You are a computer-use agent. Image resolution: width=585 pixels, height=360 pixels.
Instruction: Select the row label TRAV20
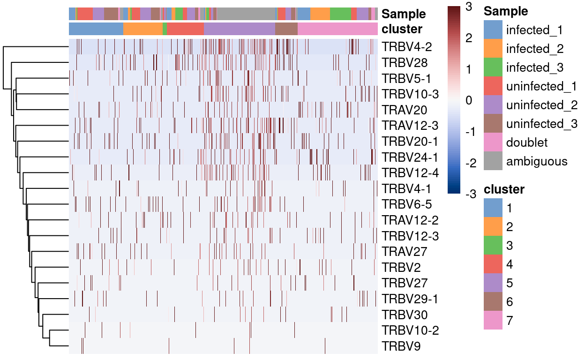[x=405, y=110]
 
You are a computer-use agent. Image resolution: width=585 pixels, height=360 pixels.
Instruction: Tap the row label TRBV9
[x=401, y=346]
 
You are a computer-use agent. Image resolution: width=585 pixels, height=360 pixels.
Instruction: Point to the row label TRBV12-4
[x=410, y=172]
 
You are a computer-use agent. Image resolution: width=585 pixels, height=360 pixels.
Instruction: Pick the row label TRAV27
[x=405, y=251]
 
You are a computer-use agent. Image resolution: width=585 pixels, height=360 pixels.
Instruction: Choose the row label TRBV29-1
[x=410, y=299]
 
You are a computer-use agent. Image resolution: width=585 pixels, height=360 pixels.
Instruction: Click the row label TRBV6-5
[x=407, y=204]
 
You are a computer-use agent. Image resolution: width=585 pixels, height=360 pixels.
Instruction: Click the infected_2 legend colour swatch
[x=492, y=49]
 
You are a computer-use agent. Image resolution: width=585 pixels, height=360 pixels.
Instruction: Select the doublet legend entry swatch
[x=492, y=142]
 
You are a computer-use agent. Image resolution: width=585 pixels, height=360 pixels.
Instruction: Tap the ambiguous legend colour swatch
[x=492, y=161]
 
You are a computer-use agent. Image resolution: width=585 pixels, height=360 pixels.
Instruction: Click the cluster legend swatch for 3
[x=492, y=246]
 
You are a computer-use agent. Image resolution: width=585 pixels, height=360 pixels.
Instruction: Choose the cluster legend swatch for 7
[x=492, y=321]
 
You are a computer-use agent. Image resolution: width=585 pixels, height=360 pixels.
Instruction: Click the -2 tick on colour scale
[x=470, y=163]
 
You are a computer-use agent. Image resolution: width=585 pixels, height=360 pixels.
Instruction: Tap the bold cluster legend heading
[x=504, y=189]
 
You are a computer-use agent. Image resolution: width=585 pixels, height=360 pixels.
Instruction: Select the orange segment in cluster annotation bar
[x=143, y=29]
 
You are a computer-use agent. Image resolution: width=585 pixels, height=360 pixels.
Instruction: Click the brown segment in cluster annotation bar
[x=286, y=29]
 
